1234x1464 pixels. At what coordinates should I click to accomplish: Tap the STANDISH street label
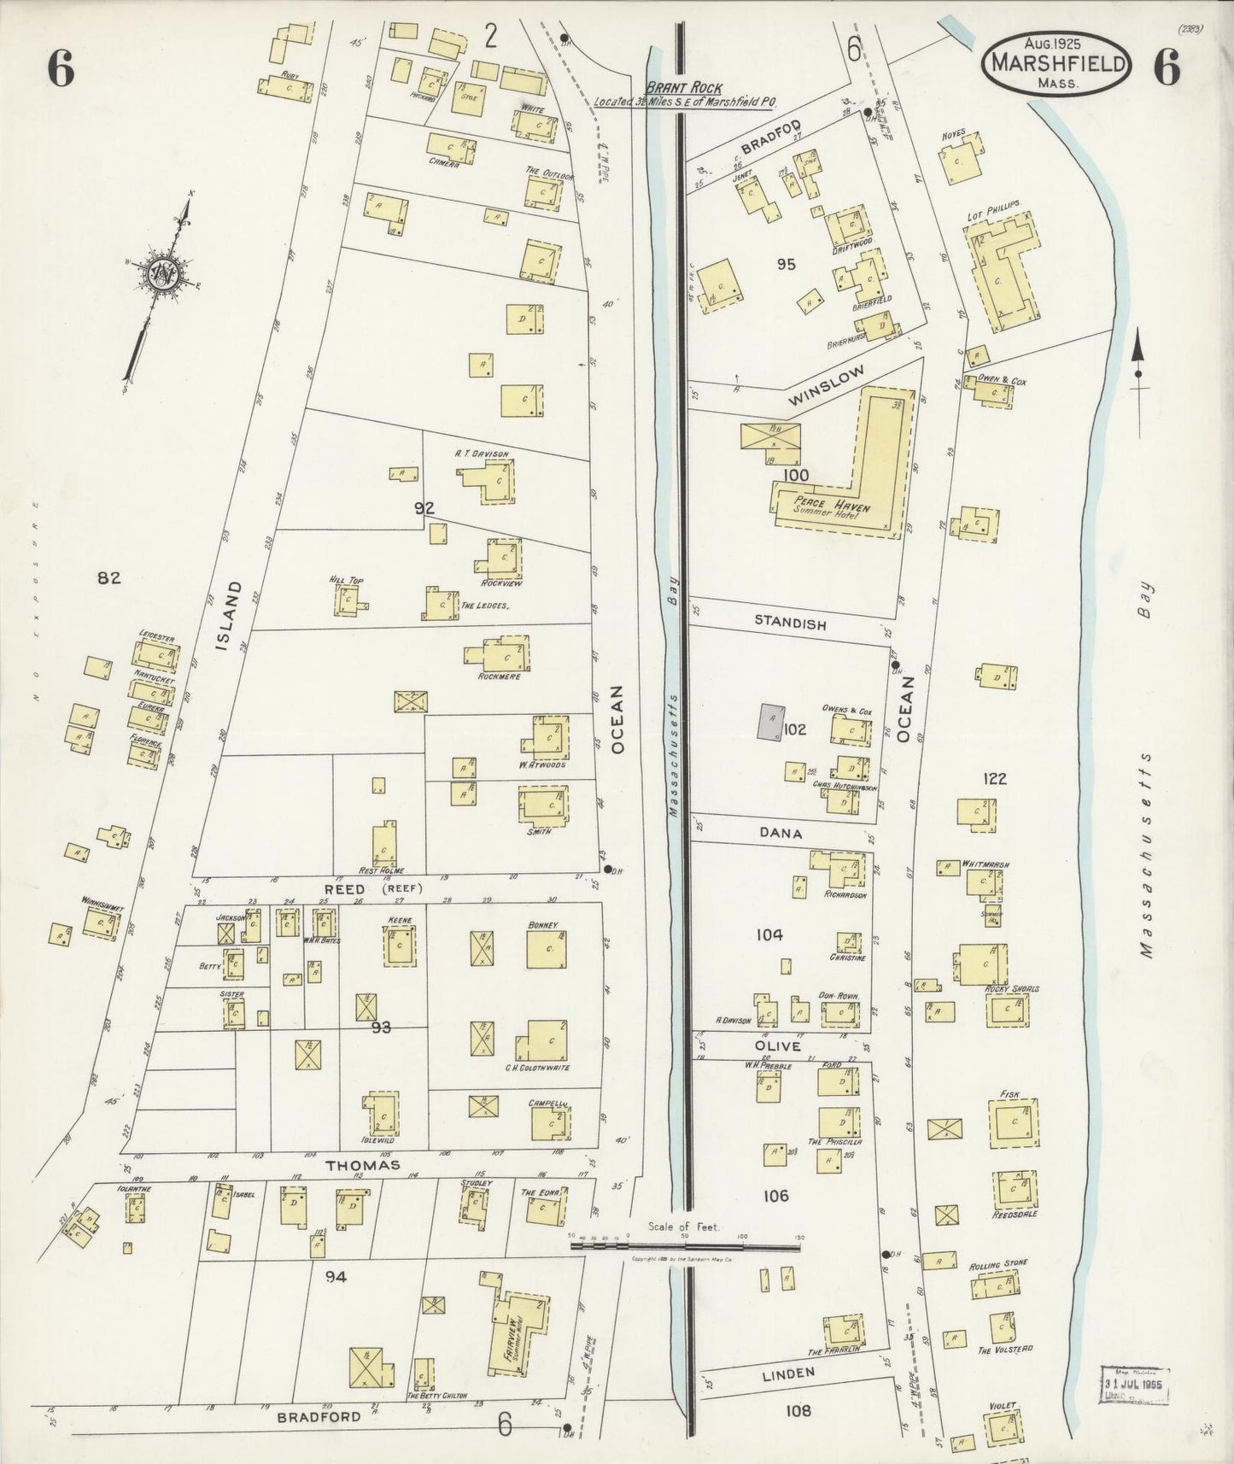(x=790, y=624)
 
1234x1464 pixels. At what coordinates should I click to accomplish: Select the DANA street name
(x=780, y=833)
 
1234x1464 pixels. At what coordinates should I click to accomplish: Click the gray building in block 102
(x=771, y=723)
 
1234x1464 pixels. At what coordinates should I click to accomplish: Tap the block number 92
(x=424, y=508)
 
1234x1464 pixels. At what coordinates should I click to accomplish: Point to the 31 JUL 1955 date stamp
(x=1134, y=1380)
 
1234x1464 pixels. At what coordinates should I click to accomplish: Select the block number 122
(x=995, y=778)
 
